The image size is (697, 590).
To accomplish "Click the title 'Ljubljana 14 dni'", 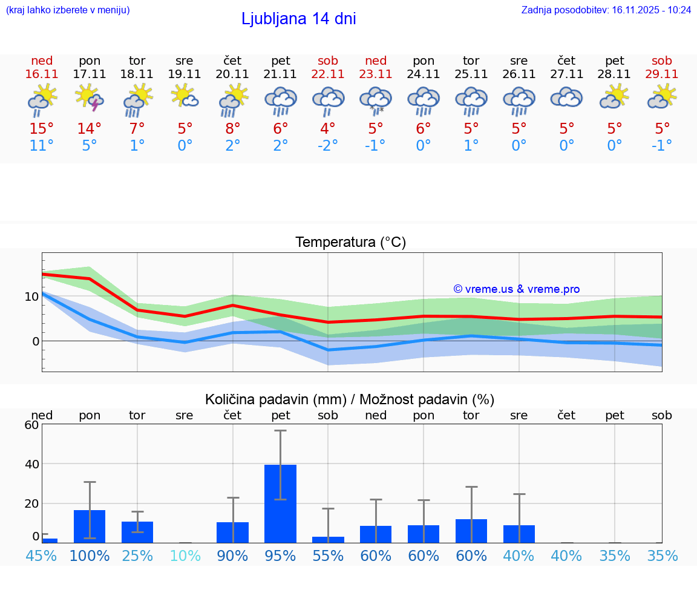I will (x=298, y=19).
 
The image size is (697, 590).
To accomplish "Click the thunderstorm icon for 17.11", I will (x=90, y=99).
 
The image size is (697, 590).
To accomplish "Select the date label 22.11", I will (x=328, y=74).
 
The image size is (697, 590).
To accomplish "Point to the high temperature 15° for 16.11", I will (x=42, y=129).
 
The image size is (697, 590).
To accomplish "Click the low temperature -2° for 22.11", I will (x=328, y=146).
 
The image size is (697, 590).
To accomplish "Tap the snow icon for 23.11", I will (x=376, y=100).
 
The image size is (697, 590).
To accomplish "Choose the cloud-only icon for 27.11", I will (x=566, y=98).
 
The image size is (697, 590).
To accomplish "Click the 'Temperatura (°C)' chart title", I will (x=350, y=242).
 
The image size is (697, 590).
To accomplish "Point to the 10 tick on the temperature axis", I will (x=32, y=297).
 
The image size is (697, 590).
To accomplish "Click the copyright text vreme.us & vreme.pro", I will (x=516, y=289).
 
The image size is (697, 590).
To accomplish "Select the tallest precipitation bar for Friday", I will (x=280, y=503).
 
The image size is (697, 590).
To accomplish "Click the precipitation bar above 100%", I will (x=90, y=526).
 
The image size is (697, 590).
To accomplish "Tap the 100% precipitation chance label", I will (x=90, y=556).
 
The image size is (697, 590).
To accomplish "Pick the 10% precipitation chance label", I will (x=185, y=556).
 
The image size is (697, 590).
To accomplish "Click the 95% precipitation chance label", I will (x=280, y=556).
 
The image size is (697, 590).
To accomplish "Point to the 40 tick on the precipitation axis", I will (x=31, y=464).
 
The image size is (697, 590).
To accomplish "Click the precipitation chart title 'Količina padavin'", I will (x=350, y=399).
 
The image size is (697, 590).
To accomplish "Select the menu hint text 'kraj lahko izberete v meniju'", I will (x=67, y=10).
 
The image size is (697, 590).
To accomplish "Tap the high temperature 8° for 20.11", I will (x=232, y=129).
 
